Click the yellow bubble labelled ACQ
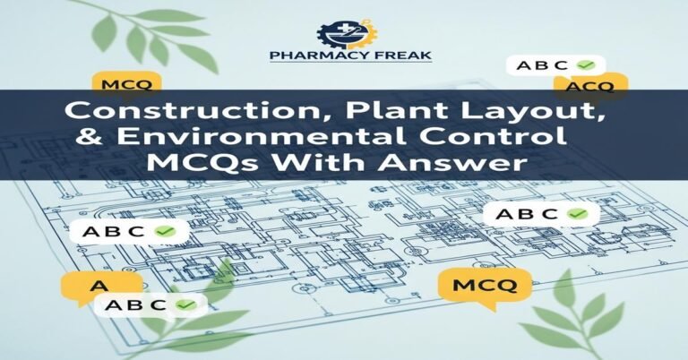tap(589, 85)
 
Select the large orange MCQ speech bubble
tap(486, 287)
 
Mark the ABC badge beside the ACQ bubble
tap(555, 65)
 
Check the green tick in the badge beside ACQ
tap(588, 65)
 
